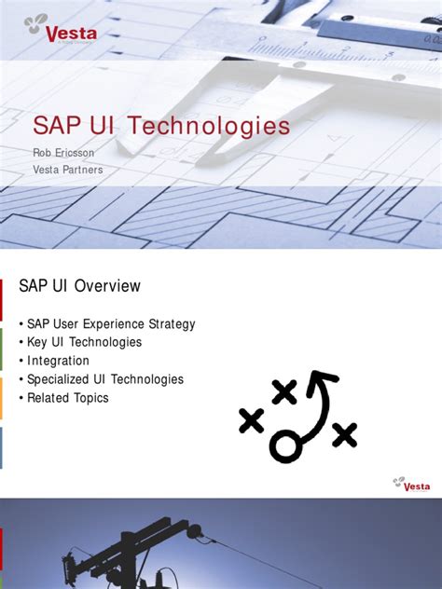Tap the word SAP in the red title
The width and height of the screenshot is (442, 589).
point(56,126)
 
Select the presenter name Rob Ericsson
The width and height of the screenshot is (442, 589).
point(63,153)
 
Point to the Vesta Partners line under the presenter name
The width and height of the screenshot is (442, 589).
point(67,170)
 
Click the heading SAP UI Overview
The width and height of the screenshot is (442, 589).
point(80,286)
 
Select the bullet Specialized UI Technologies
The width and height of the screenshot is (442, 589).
point(104,379)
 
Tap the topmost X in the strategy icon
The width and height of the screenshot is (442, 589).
point(283,392)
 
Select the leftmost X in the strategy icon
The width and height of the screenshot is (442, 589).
point(251,420)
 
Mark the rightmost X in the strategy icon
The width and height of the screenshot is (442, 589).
point(344,433)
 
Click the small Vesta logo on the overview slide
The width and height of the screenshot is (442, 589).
point(411,485)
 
